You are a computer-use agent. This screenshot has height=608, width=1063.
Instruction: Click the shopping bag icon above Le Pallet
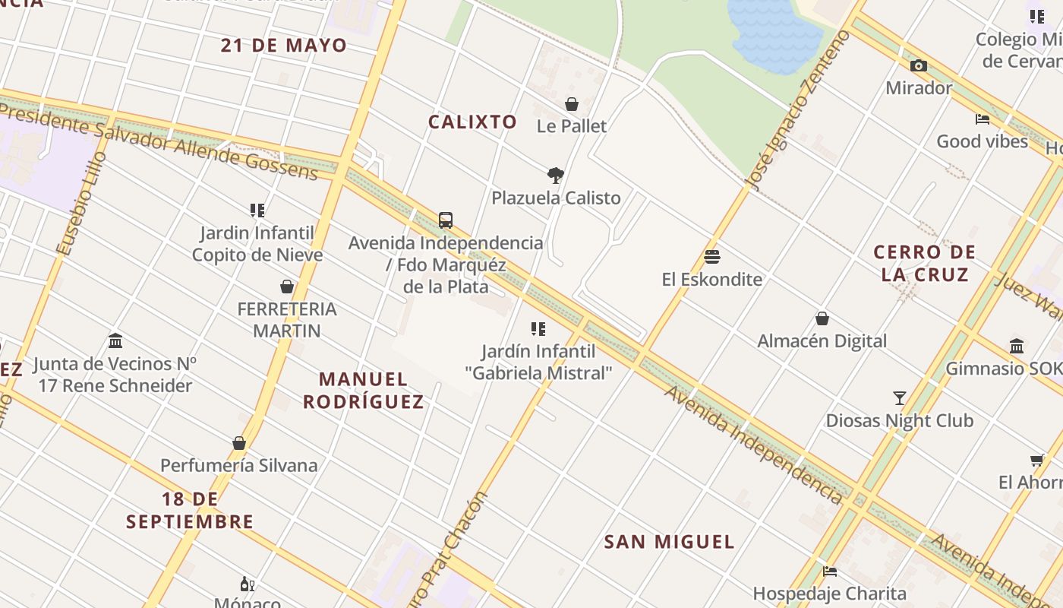(x=571, y=104)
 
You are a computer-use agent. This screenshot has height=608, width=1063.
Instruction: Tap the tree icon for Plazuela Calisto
(x=556, y=176)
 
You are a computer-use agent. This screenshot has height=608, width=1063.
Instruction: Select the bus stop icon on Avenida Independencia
(x=446, y=220)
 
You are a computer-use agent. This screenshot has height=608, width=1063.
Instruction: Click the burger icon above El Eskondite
(x=711, y=257)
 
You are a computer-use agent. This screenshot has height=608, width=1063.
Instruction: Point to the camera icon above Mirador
(x=919, y=66)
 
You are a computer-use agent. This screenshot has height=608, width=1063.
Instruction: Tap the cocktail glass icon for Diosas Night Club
(x=900, y=397)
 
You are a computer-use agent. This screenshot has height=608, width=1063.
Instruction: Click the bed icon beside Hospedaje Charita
(x=830, y=572)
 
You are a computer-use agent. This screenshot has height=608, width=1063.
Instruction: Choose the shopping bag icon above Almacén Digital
(x=822, y=318)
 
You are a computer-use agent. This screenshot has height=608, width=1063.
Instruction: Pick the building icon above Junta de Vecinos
(x=115, y=340)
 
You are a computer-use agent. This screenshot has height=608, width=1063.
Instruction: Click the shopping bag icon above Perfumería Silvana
(x=239, y=443)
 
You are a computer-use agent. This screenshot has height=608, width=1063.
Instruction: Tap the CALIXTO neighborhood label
(x=472, y=122)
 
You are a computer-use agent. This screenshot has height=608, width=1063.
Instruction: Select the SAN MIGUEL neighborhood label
(x=669, y=542)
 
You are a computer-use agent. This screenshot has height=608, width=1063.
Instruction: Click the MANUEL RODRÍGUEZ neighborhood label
(x=364, y=390)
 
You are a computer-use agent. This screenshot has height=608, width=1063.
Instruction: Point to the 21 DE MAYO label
(x=284, y=45)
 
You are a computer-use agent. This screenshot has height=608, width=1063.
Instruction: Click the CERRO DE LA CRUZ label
(x=925, y=263)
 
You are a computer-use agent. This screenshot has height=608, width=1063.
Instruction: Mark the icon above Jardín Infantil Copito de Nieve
(x=257, y=210)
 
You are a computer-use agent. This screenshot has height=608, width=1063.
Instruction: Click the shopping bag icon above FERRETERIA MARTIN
(x=287, y=287)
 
